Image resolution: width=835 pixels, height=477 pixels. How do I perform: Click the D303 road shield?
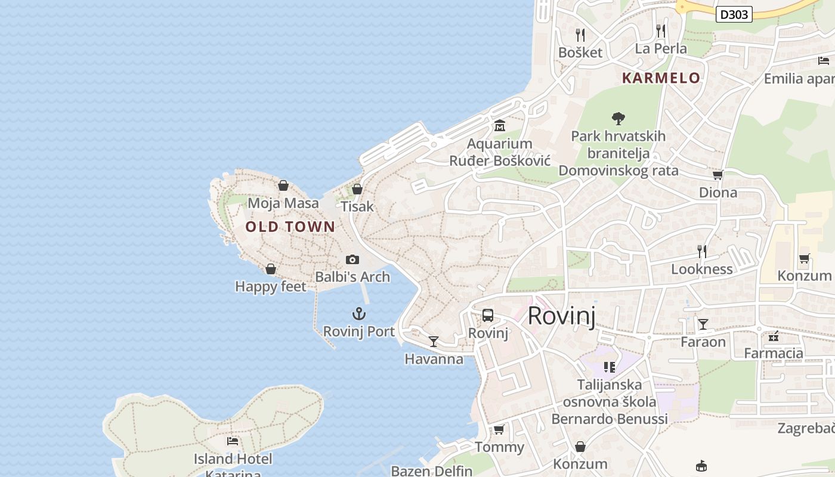(x=734, y=14)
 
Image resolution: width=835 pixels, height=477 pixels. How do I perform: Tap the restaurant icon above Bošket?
(x=580, y=35)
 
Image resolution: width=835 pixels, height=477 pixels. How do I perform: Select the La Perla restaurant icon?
(x=661, y=30)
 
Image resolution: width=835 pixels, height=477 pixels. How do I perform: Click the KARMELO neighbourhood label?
(x=661, y=78)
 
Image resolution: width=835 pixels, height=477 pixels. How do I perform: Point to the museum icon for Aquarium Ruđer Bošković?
(x=500, y=126)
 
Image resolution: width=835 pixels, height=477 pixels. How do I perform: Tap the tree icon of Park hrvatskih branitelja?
(x=618, y=119)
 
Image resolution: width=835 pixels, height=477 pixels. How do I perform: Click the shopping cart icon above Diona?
(x=718, y=175)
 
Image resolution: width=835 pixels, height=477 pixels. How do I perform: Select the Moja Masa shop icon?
(x=283, y=185)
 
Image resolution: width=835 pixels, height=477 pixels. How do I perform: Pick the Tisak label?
(x=357, y=207)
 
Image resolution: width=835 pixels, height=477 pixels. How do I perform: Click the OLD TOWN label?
(x=290, y=227)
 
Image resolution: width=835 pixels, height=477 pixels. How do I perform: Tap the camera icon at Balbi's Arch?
(x=352, y=259)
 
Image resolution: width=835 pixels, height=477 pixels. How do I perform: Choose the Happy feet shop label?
(x=271, y=287)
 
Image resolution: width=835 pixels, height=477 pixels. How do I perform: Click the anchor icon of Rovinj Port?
(x=358, y=314)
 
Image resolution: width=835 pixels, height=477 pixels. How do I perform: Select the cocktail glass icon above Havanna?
(x=434, y=341)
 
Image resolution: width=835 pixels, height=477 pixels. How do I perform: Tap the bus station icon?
(x=488, y=315)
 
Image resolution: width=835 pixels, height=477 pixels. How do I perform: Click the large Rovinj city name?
(x=561, y=315)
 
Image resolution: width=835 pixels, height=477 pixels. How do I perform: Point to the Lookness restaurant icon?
(x=702, y=251)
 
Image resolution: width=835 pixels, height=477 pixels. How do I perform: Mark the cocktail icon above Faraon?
(x=703, y=324)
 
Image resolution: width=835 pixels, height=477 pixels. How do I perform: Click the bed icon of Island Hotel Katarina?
(x=233, y=441)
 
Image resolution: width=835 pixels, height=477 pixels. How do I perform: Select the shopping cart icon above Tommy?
(x=499, y=429)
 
